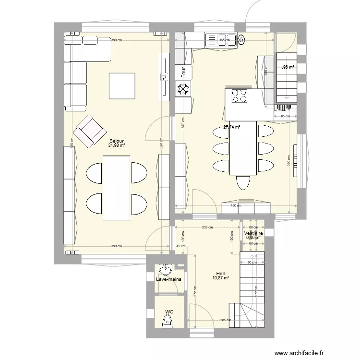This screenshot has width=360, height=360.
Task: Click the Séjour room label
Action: pyautogui.click(x=117, y=141)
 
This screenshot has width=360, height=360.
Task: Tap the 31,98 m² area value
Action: pyautogui.click(x=117, y=145)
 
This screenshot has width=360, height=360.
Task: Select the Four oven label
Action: pyautogui.click(x=183, y=72)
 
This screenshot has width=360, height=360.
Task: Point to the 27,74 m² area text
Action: pyautogui.click(x=231, y=127)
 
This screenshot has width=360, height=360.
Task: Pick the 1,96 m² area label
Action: pyautogui.click(x=287, y=68)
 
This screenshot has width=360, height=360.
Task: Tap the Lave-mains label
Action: pyautogui.click(x=168, y=278)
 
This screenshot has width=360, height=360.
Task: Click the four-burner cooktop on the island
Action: pyautogui.click(x=240, y=96)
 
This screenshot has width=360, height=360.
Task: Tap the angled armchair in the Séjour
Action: pyautogui.click(x=89, y=131)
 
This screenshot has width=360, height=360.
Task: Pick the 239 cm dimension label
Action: pyautogui.click(x=207, y=228)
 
